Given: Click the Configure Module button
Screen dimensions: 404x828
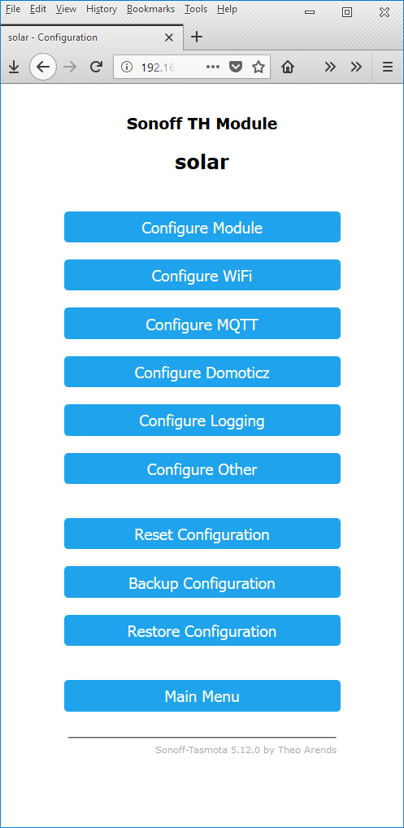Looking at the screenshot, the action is pos(202,227).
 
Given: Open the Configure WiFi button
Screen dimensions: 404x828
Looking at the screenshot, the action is pos(202,275).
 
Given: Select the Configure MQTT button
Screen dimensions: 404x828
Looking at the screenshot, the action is pos(202,324).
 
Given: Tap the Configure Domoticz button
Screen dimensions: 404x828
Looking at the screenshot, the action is pos(202,373).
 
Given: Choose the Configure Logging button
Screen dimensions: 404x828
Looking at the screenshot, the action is pos(202,421).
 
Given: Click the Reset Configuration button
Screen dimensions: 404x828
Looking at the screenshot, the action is pos(202,534).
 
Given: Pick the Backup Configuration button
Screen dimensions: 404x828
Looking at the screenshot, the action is pos(202,582).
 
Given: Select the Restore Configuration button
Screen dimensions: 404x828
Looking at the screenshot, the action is pos(202,630).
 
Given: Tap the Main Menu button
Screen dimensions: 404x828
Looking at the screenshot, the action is pos(202,696).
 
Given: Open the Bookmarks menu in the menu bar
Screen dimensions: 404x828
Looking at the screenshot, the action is pos(151,9).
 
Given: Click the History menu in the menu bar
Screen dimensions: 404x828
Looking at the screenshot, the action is pos(102,9).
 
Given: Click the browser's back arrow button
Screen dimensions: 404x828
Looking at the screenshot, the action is pos(43,67).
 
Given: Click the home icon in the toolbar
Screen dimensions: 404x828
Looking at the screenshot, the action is pos(288,67).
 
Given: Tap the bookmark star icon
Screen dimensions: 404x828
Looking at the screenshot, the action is pos(258,67).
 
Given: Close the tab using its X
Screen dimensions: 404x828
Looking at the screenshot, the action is pos(169,37).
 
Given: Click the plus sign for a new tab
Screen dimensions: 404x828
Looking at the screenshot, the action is pos(196,37).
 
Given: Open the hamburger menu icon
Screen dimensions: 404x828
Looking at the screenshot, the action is pos(388,67).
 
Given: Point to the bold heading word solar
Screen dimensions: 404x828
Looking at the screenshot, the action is pos(202,162).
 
